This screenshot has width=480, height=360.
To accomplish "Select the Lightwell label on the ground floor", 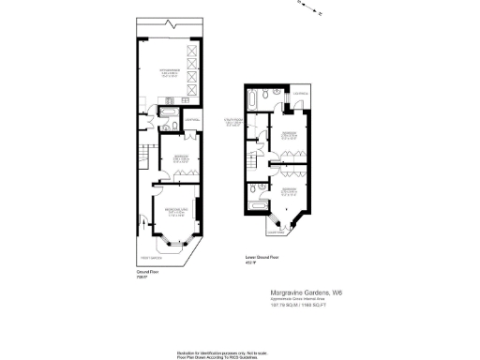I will pos(190,120).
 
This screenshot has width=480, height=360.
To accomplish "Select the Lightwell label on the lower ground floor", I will pos(301,93).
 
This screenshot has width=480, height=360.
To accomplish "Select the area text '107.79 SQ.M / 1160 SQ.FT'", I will pos(297,306).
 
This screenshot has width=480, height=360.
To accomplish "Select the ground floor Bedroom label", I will pos(181,157).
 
